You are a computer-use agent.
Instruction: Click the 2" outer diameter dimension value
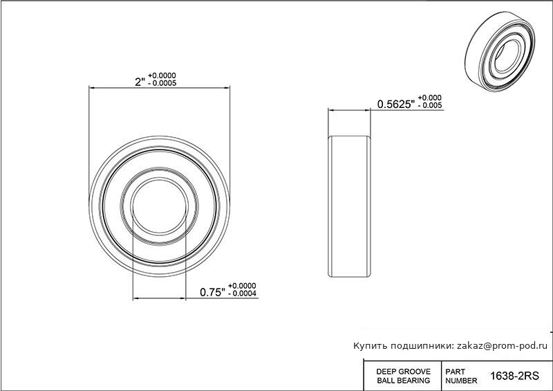[x=140, y=82]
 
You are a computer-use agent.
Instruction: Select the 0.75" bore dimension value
[x=212, y=293]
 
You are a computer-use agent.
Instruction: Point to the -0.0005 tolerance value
[x=162, y=84]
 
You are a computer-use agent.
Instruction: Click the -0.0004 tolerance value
[x=243, y=293]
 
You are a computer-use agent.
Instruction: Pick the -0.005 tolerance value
[x=430, y=105]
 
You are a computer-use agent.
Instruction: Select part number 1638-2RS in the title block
[x=514, y=376]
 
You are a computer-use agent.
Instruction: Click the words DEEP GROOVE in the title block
[x=404, y=372]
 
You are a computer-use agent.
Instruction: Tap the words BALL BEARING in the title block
[x=404, y=381]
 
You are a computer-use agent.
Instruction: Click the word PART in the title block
[x=456, y=372]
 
